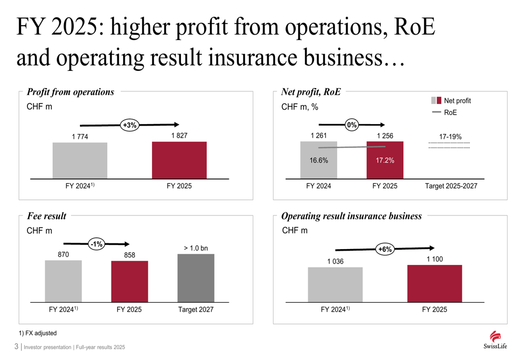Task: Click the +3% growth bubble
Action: pyautogui.click(x=129, y=125)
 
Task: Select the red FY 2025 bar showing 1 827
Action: pyautogui.click(x=179, y=160)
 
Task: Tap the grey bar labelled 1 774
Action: pyautogui.click(x=80, y=160)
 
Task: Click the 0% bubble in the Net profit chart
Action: pyautogui.click(x=352, y=125)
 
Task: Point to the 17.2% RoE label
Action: pyautogui.click(x=385, y=160)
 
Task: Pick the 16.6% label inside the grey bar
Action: pyautogui.click(x=318, y=160)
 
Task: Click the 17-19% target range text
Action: pyautogui.click(x=450, y=137)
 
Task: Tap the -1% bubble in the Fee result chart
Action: pyautogui.click(x=96, y=244)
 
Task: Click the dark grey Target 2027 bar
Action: pyautogui.click(x=196, y=278)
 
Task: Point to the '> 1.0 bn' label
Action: pyautogui.click(x=196, y=248)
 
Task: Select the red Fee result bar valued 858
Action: pyautogui.click(x=129, y=281)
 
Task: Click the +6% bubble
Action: pyautogui.click(x=386, y=249)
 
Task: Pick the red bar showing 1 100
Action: pyautogui.click(x=434, y=283)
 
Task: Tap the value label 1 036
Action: pyautogui.click(x=335, y=261)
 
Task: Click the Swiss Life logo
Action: pyautogui.click(x=492, y=340)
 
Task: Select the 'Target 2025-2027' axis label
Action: pyautogui.click(x=451, y=186)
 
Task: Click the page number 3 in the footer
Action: pyautogui.click(x=16, y=347)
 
